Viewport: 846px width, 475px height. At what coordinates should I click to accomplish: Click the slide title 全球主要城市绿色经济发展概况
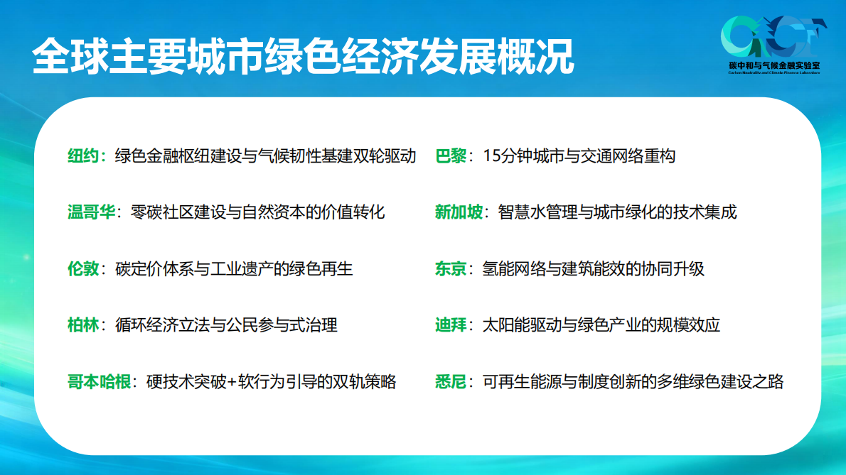(x=303, y=56)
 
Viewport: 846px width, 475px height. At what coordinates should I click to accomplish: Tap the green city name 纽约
(x=83, y=155)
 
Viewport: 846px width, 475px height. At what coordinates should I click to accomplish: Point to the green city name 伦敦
(x=83, y=269)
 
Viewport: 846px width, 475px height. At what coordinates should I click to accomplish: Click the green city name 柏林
(x=83, y=325)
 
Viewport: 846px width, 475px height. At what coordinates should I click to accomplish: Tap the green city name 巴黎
(x=451, y=155)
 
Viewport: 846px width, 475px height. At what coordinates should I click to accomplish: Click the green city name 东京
(x=451, y=269)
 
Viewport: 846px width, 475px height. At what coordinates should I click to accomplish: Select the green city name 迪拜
(x=451, y=325)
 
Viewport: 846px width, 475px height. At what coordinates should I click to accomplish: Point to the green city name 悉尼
(x=451, y=382)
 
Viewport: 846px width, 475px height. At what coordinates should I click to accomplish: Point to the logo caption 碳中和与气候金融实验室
(x=774, y=65)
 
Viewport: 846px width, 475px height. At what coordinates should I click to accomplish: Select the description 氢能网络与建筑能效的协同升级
(x=594, y=269)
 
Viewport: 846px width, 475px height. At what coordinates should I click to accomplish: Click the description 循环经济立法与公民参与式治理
(x=226, y=325)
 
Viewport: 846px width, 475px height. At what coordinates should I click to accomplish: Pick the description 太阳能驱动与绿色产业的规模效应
(x=601, y=325)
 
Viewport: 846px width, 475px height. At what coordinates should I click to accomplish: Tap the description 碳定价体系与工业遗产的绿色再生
(x=234, y=269)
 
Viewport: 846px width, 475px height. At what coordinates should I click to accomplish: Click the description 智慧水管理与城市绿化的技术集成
(x=618, y=212)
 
